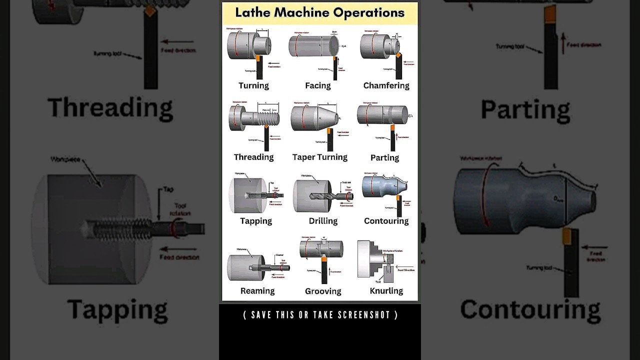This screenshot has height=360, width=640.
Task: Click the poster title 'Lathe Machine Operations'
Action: tap(320, 13)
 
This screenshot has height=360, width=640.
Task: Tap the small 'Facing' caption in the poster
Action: tap(318, 85)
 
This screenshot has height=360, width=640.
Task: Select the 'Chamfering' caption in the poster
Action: tap(386, 85)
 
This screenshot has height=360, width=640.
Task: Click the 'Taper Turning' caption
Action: tap(319, 157)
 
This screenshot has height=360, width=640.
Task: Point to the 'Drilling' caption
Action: tap(323, 221)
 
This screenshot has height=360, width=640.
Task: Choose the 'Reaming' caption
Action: tap(257, 291)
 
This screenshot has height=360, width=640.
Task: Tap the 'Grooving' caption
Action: tap(323, 291)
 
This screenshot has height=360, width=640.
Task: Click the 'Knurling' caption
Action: tap(386, 291)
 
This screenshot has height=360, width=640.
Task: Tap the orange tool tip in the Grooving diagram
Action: tap(324, 259)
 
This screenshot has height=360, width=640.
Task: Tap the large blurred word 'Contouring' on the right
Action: tap(530, 309)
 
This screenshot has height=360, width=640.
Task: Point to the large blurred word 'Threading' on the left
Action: tap(110, 107)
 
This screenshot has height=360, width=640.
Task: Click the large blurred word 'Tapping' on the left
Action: tap(117, 309)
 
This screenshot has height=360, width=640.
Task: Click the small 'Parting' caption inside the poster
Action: tap(384, 157)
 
